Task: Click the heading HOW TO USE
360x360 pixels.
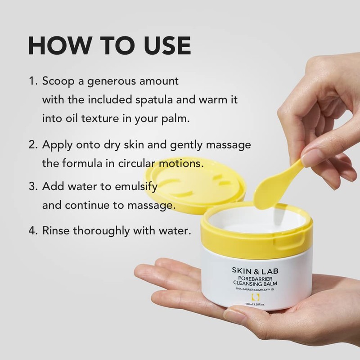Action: [x=109, y=46]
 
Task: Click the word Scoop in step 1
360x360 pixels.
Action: [x=58, y=82]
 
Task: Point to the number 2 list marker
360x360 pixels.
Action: [x=33, y=145]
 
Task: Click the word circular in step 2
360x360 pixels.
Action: [x=148, y=163]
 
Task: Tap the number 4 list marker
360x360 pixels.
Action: [x=33, y=231]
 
